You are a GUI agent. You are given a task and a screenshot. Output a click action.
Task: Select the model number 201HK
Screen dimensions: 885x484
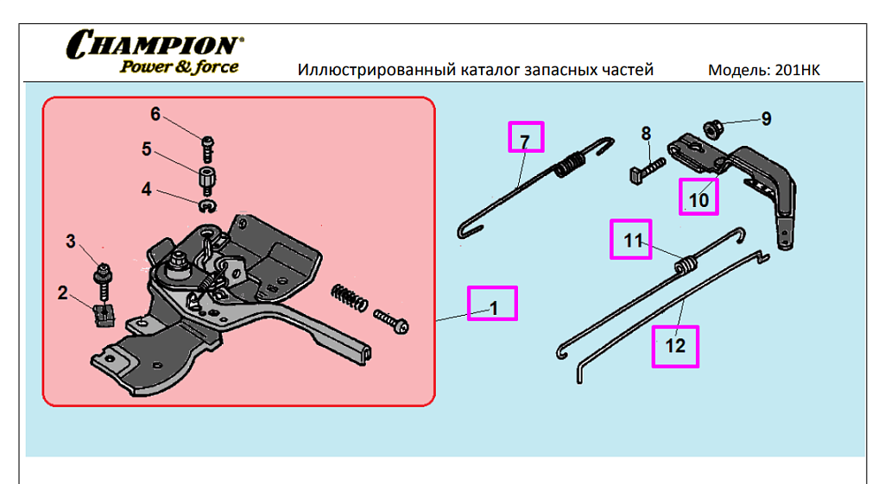coord(798,70)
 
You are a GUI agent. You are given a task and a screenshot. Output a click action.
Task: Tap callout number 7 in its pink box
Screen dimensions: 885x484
coord(525,141)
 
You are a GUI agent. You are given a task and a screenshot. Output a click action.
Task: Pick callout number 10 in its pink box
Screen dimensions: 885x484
coord(699,199)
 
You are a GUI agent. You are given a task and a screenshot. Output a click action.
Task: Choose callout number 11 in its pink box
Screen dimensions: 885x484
coord(633,241)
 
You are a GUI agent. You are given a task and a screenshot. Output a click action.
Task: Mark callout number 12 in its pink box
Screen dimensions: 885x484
coord(675,345)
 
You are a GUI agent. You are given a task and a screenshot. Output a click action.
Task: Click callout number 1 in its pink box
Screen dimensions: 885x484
coord(494,308)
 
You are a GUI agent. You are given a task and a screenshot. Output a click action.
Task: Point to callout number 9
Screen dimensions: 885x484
coord(766,118)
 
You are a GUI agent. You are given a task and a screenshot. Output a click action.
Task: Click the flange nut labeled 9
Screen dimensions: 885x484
coord(713,129)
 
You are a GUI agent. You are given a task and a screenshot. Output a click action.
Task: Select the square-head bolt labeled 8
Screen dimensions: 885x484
coord(647,170)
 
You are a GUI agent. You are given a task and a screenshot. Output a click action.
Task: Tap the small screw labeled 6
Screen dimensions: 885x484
coord(207,148)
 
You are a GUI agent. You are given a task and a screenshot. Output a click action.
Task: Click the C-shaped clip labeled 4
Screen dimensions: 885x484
coord(208,206)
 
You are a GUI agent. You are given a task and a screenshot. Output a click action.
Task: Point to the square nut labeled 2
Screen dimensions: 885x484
coord(103,316)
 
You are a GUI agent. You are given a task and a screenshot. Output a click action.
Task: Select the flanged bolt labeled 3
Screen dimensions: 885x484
coord(104,282)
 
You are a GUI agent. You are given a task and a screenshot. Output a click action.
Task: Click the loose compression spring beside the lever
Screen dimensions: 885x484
coord(349,298)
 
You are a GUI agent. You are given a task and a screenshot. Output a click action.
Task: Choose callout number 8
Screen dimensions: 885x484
coord(646,134)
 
